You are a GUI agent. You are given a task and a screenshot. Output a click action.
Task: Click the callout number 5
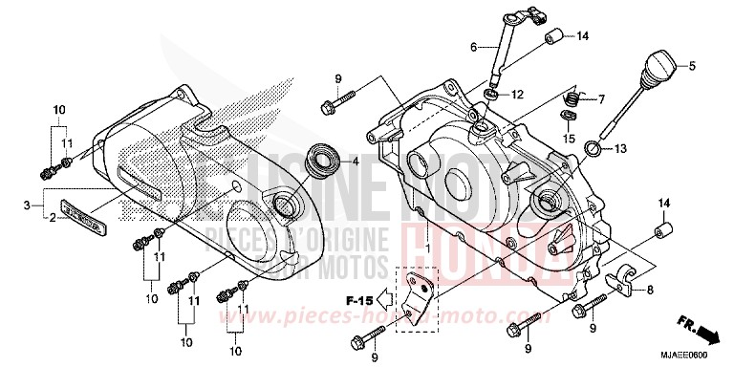coord(693,65)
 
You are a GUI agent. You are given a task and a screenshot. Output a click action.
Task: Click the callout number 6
coord(473,46)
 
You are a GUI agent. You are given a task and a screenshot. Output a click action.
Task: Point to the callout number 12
coord(517,95)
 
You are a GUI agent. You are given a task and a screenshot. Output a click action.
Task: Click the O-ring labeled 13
coord(593,148)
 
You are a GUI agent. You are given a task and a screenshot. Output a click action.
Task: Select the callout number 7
coord(603,98)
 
